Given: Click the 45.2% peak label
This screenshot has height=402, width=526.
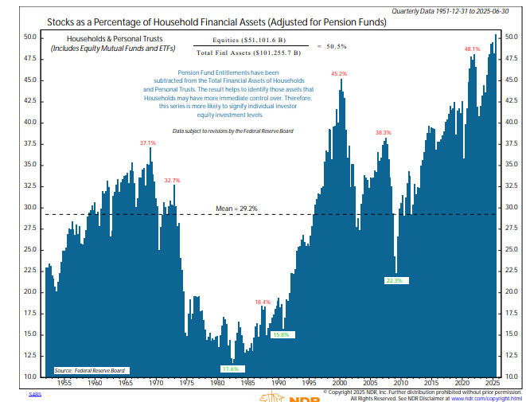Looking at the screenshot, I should coord(339,73).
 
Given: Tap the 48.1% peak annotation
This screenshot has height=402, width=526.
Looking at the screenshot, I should coord(473,49).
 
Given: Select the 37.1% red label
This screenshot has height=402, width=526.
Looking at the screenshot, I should coord(148,142).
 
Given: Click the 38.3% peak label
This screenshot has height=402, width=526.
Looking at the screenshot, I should coord(384,133).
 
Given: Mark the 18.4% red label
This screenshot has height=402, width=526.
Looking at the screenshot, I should coord(263,302).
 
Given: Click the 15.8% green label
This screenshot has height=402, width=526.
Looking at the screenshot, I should coord(279,334).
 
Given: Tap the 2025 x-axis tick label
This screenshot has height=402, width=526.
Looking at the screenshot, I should coord(490,384).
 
